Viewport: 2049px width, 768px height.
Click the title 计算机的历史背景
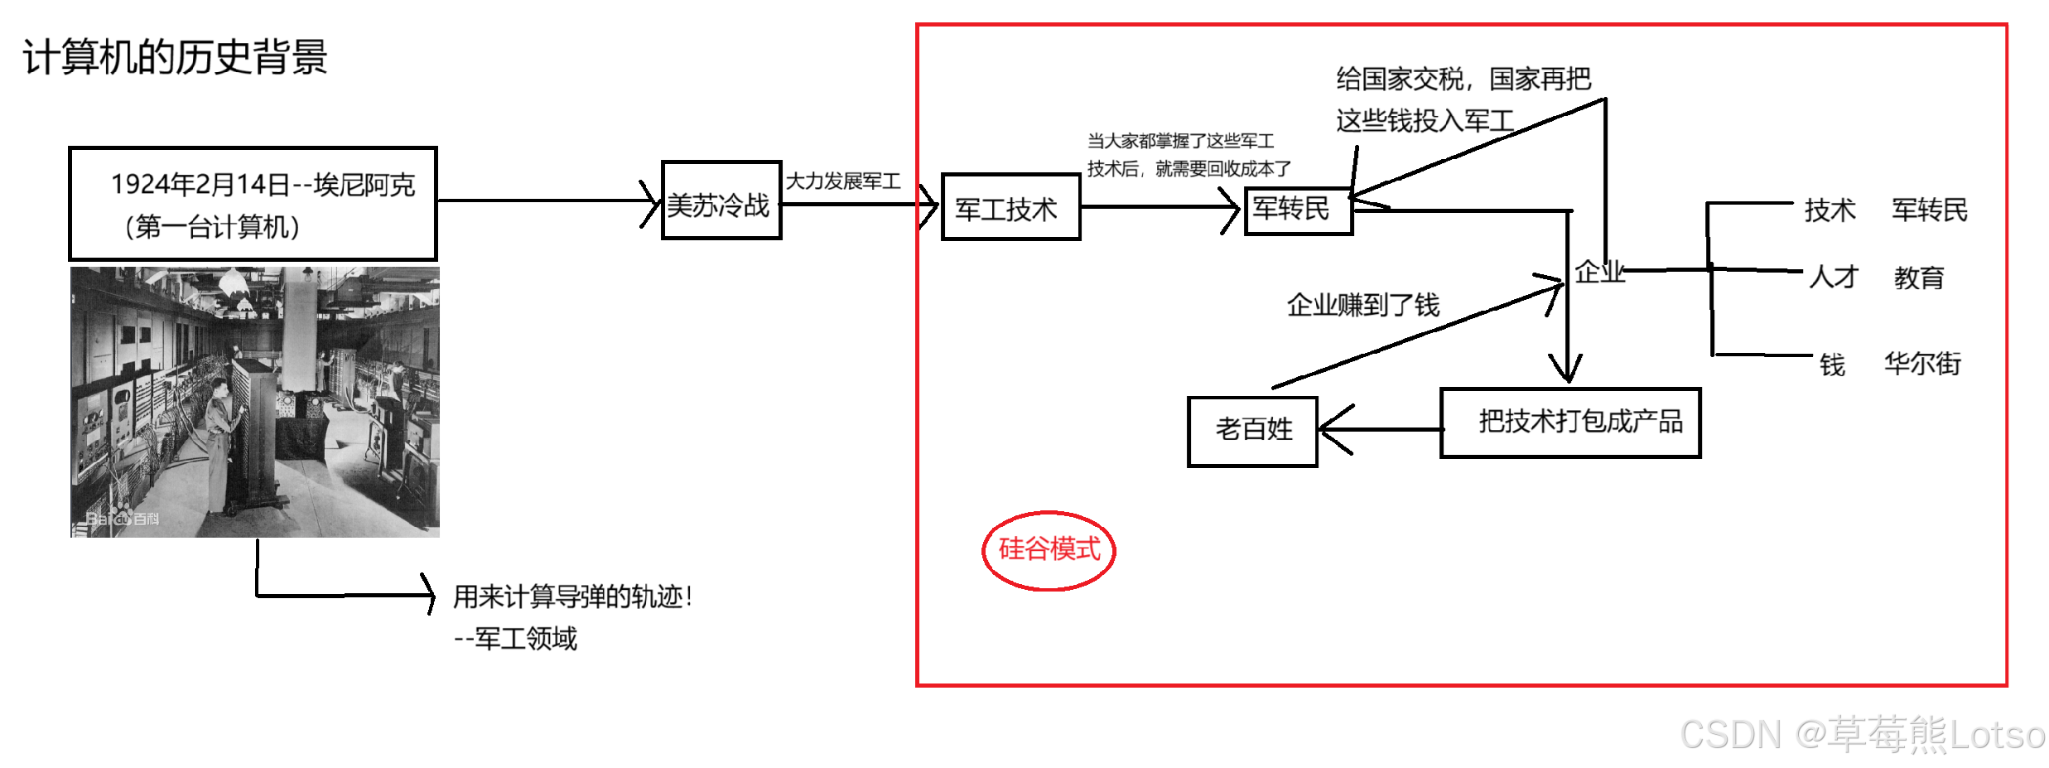click(x=175, y=57)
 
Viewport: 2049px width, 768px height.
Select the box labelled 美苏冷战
click(x=721, y=201)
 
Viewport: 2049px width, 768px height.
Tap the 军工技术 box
click(x=1010, y=207)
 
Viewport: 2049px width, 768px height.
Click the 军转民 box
click(x=1297, y=210)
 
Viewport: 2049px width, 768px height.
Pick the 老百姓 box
click(x=1252, y=431)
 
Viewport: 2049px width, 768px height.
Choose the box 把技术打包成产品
click(x=1570, y=423)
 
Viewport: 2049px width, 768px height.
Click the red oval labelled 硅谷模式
click(x=1049, y=550)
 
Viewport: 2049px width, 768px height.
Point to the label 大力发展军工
click(x=843, y=181)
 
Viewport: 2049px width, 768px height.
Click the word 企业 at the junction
click(x=1599, y=272)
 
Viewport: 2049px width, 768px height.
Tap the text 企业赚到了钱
click(x=1363, y=306)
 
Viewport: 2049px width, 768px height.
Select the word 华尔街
click(x=1923, y=363)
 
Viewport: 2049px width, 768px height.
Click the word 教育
click(x=1919, y=278)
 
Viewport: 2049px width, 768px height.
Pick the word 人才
click(x=1834, y=278)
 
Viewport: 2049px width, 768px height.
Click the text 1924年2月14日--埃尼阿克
click(x=263, y=185)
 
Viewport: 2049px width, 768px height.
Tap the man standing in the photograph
click(x=220, y=439)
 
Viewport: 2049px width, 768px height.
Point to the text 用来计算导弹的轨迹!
click(x=572, y=597)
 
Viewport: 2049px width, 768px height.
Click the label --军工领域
click(x=515, y=639)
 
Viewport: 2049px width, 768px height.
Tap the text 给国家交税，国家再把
click(x=1463, y=80)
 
